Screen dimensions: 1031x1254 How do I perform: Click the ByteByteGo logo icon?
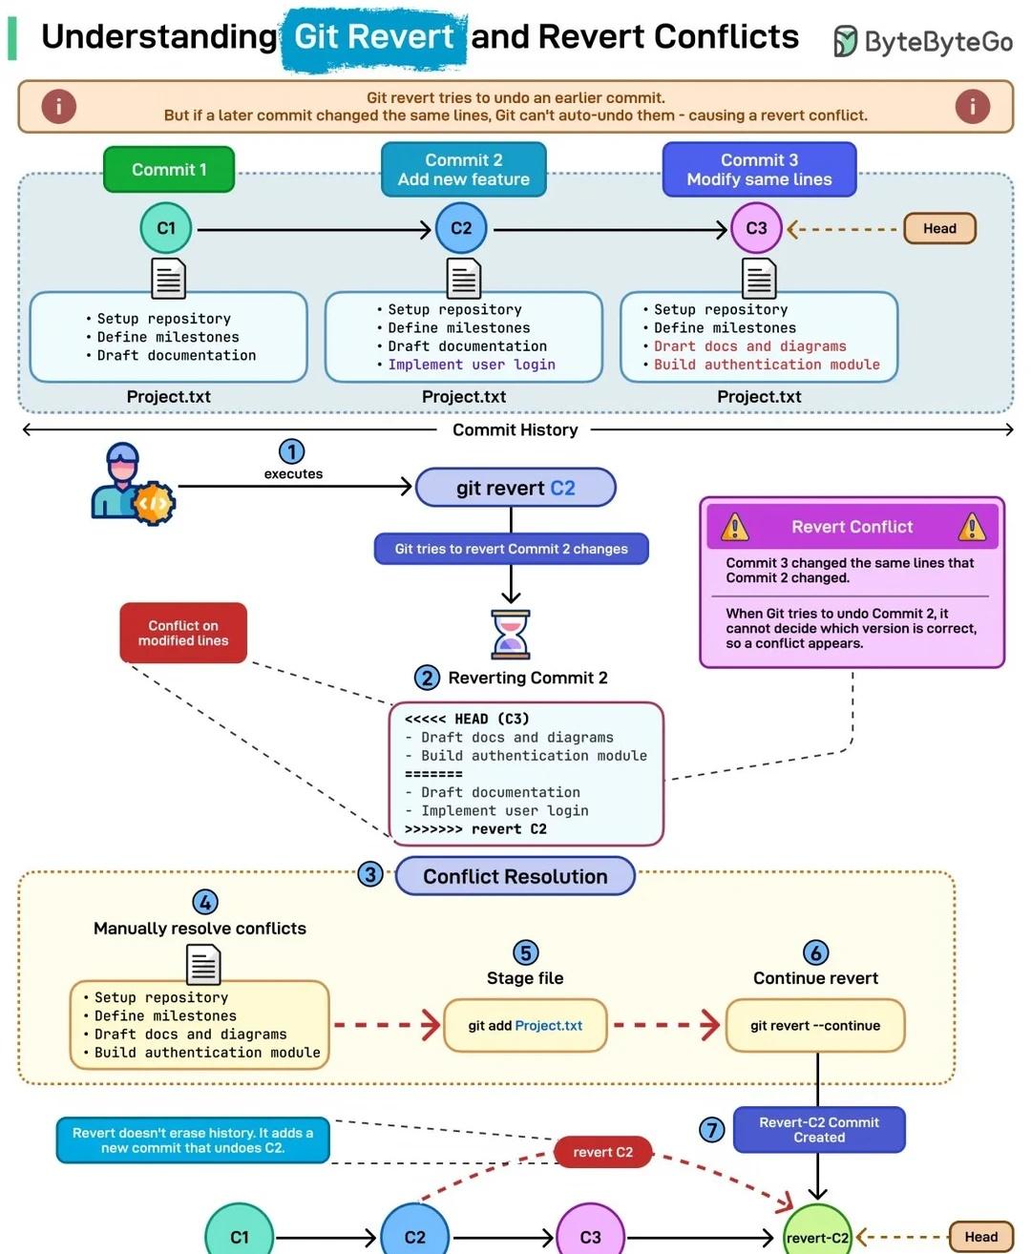(x=845, y=41)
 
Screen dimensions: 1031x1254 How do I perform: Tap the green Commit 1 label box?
(x=169, y=170)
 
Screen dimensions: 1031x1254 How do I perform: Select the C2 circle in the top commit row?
(x=461, y=228)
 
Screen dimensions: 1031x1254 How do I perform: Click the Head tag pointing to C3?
(x=939, y=228)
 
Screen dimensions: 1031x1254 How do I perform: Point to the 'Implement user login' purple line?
(x=472, y=365)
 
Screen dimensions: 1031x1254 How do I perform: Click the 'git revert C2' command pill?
(x=515, y=488)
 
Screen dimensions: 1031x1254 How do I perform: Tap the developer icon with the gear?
(x=133, y=484)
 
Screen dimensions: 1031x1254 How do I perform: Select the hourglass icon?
(x=511, y=635)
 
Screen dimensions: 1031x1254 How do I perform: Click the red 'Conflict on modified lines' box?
(x=183, y=633)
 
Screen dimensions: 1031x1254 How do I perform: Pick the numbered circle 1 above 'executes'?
(x=291, y=452)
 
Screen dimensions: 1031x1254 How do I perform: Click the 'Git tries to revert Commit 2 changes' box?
(x=511, y=549)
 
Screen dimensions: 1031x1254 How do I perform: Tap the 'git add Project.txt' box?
(x=525, y=1025)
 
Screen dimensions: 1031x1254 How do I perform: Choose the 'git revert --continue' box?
(x=815, y=1025)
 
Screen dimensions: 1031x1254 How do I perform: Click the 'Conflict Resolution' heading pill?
(x=515, y=876)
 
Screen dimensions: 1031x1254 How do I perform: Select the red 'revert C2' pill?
(x=602, y=1152)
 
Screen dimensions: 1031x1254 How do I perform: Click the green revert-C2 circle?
(x=817, y=1234)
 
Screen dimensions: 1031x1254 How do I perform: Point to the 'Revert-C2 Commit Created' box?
(x=819, y=1130)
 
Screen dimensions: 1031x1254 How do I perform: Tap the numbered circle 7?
(x=711, y=1130)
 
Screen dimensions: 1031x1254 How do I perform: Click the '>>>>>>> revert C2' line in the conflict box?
(x=475, y=829)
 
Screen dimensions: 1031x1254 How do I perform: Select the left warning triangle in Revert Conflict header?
(x=735, y=527)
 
